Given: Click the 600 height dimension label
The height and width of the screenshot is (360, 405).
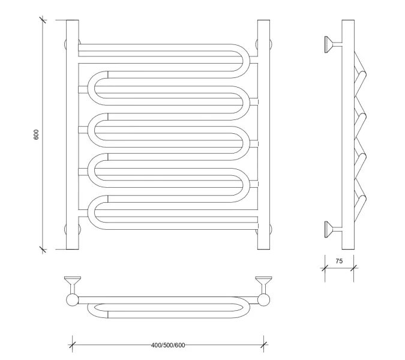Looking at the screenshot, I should [x=36, y=134].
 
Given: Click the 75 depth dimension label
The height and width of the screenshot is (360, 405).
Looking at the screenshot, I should [x=339, y=261].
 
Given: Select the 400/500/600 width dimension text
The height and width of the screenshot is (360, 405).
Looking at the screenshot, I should [x=168, y=346].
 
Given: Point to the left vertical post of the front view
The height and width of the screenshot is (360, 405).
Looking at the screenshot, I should [x=72, y=134].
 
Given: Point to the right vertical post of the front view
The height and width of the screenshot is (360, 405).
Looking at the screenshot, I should [x=264, y=134].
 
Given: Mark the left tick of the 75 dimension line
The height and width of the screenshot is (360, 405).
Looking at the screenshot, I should [x=325, y=266].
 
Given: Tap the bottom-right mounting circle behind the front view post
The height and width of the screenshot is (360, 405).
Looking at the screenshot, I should [x=271, y=228].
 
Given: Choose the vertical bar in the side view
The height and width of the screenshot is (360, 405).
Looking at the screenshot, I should [x=348, y=134].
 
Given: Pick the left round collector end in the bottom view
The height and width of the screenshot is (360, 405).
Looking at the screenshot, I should [x=72, y=299].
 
